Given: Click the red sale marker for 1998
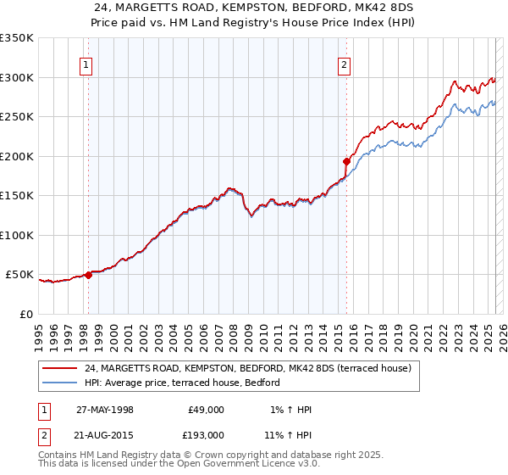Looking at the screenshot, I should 88,275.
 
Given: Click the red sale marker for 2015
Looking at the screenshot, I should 346,161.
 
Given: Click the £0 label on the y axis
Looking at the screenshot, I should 25,314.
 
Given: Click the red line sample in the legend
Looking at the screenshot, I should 59,368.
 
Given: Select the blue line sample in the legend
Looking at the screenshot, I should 59,383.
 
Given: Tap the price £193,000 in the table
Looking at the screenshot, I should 205,435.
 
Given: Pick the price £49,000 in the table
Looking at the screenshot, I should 205,410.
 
